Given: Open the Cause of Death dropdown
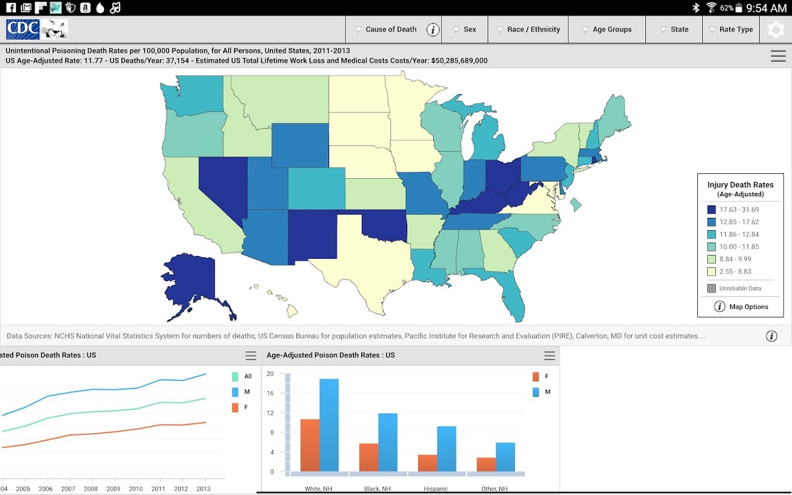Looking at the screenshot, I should (385, 29).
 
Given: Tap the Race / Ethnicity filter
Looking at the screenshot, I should (527, 29).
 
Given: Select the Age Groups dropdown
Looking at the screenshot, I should (606, 29).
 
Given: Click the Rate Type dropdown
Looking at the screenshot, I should (731, 29).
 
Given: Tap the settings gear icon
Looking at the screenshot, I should (776, 30).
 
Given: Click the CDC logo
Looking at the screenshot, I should (23, 29).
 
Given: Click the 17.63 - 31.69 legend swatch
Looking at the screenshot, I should (712, 210).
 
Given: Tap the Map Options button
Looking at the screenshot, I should (741, 307).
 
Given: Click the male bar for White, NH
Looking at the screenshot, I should (329, 425).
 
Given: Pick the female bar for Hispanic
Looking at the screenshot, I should (428, 463).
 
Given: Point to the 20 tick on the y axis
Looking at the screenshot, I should (270, 374).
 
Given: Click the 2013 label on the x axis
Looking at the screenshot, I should (202, 489).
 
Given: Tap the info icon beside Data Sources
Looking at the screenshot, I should (772, 336).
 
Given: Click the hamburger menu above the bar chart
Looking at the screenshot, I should (549, 356).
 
